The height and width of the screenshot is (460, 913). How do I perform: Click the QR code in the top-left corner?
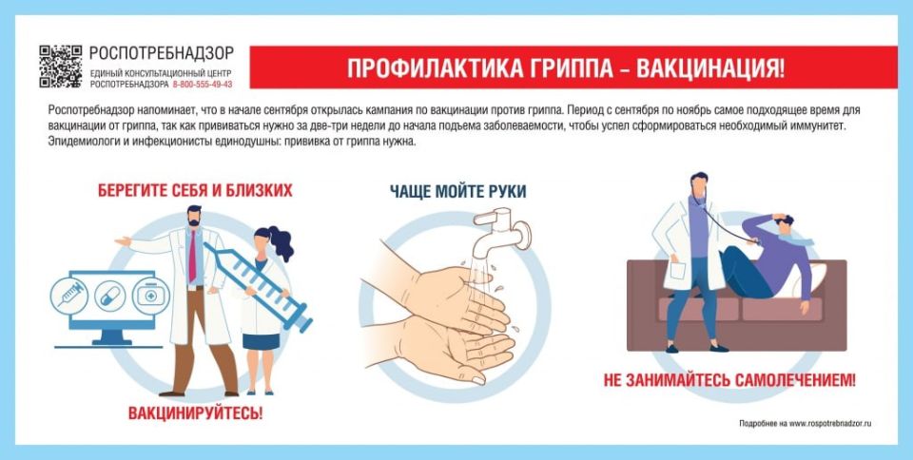61,65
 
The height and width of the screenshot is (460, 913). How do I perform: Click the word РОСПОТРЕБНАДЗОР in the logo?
161,54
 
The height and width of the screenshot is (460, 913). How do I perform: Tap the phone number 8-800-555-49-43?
202,84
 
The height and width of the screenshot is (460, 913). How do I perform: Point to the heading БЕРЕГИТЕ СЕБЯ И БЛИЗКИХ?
195,191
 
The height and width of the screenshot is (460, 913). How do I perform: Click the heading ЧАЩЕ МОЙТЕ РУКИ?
457,191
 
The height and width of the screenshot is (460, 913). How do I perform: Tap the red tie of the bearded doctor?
192,256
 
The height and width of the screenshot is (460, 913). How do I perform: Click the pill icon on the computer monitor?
109,294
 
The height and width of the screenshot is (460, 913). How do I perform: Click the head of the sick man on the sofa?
783,224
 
